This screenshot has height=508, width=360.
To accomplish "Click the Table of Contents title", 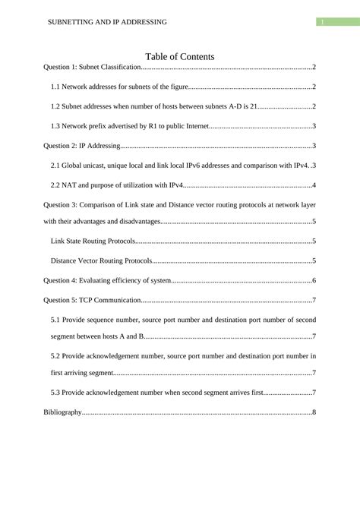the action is click(179, 56).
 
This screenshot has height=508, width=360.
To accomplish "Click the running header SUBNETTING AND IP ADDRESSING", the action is click(107, 22).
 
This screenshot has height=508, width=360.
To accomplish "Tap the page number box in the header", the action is click(322, 22).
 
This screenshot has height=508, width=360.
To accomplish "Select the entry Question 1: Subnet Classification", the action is click(92, 68).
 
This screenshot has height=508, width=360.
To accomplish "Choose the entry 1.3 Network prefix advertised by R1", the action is click(128, 126).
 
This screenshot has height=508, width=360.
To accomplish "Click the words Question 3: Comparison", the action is click(83, 204).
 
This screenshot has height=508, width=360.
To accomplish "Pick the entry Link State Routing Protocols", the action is click(93, 241).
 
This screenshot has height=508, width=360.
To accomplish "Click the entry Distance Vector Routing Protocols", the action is click(101, 261).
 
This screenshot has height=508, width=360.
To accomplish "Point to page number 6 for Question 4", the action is click(314, 281).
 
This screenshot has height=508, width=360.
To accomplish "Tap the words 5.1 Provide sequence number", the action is click(95, 320).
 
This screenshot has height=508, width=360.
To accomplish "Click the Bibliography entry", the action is click(62, 412).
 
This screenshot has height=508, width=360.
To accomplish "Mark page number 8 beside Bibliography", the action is click(314, 412).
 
